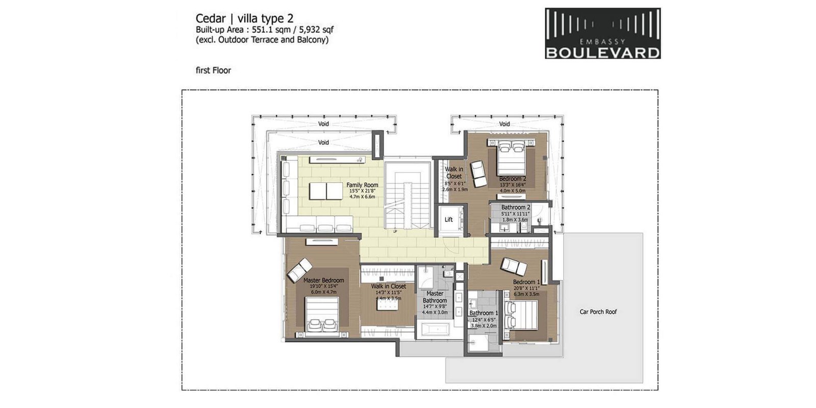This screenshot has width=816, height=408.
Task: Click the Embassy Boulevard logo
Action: click(602, 33)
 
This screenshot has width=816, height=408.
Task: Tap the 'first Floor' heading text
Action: click(213, 70)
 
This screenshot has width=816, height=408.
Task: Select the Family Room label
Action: click(362, 185)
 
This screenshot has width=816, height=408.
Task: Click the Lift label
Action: click(449, 220)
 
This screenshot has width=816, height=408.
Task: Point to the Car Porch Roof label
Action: click(598, 312)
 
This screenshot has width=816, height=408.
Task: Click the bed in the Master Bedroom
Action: click(322, 316)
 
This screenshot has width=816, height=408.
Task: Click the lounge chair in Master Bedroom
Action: click(299, 269)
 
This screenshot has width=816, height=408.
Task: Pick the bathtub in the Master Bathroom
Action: click(434, 330)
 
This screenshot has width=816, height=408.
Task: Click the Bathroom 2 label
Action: click(516, 208)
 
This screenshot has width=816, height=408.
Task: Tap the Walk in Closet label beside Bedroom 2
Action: click(454, 172)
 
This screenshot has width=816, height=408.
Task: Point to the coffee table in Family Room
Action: click(326, 191)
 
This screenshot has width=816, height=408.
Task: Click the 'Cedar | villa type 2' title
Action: click(244, 18)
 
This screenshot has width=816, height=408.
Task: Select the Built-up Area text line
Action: click(264, 30)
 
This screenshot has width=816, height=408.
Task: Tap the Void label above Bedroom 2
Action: click(504, 124)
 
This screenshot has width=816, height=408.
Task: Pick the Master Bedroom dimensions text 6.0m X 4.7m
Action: click(323, 292)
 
